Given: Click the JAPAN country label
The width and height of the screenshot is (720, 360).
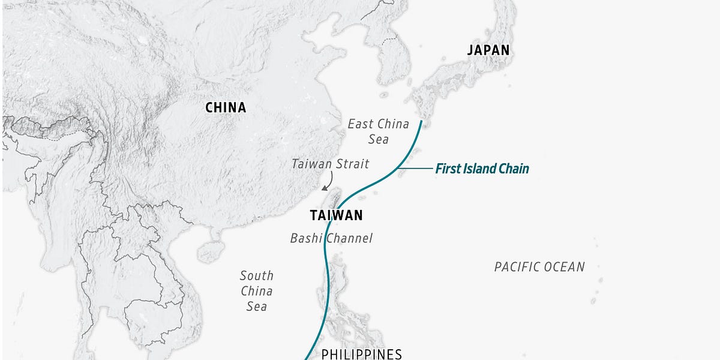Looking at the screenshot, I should tap(488, 50).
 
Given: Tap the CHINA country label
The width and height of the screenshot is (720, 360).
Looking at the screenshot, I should tap(226, 108).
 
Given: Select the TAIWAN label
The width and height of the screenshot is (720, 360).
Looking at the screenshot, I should tap(336, 215).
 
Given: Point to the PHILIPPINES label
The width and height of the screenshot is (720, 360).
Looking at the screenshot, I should tap(361, 354).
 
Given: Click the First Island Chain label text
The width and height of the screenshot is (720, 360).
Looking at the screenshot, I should tap(482, 169).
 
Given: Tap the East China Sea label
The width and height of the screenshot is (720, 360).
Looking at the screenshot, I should tap(378, 131).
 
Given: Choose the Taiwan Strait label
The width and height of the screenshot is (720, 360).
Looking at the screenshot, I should tap(330, 163).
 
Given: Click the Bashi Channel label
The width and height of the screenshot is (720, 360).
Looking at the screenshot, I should tap(331, 238).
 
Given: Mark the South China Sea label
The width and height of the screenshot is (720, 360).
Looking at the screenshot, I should tap(256, 291).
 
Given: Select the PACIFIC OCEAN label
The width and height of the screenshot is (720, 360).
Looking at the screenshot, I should tap(539, 267).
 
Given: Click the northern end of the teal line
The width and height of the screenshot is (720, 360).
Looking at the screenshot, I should tap(422, 122).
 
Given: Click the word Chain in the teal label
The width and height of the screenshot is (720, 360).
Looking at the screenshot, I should tap(514, 169).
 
